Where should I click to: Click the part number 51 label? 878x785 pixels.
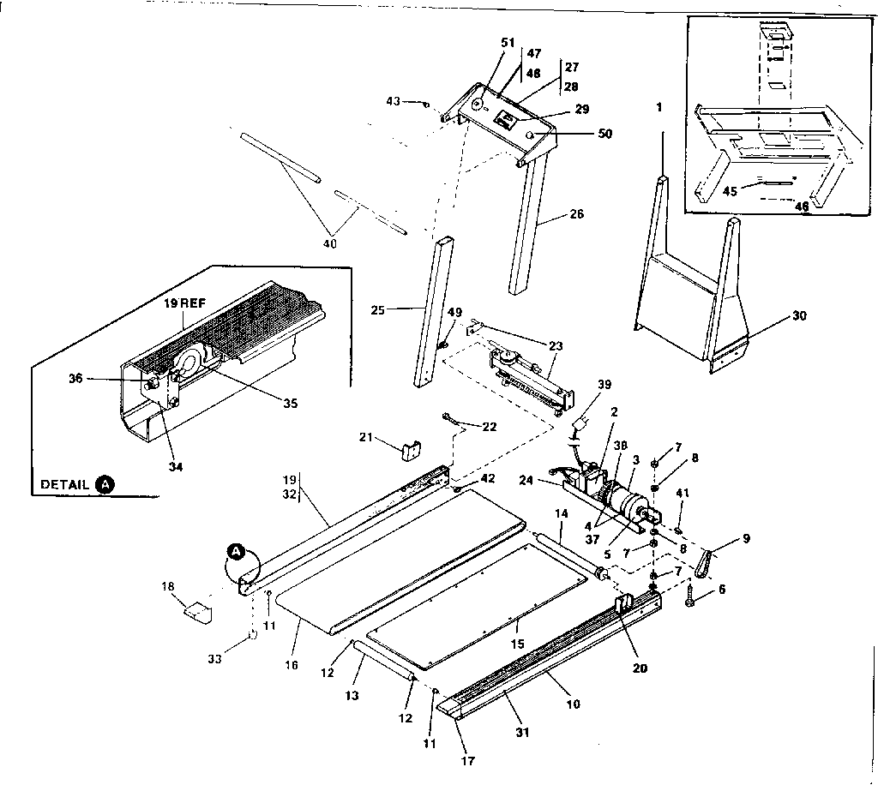(508, 44)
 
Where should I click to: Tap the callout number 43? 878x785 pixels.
(393, 101)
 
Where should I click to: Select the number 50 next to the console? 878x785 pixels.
(604, 134)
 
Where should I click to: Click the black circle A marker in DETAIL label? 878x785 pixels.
(105, 484)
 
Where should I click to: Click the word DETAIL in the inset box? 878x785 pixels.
(65, 484)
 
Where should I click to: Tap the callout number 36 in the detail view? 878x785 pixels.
(75, 378)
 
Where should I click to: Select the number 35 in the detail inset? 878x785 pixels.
(290, 403)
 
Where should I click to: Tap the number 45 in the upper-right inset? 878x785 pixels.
(731, 191)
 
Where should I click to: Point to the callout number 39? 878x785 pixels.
(605, 385)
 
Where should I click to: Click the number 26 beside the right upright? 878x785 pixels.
(576, 214)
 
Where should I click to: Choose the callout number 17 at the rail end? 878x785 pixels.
(467, 760)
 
